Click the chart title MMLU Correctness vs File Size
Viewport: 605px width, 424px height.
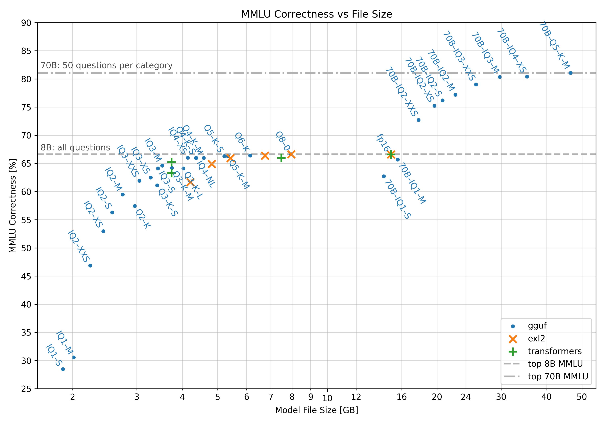pyautogui.click(x=316, y=14)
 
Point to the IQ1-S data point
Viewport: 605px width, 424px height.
pyautogui.click(x=63, y=369)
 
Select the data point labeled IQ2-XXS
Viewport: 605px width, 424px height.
pyautogui.click(x=90, y=266)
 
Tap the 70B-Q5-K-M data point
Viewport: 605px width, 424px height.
pyautogui.click(x=571, y=73)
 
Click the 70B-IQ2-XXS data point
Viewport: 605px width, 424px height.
pyautogui.click(x=418, y=120)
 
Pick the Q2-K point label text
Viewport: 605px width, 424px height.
pyautogui.click(x=143, y=219)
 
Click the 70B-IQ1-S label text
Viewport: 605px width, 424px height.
pyautogui.click(x=398, y=199)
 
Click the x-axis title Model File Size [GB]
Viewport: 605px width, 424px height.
pyautogui.click(x=316, y=410)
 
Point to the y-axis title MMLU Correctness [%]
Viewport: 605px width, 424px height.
pyautogui.click(x=13, y=206)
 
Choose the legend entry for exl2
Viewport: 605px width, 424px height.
pyautogui.click(x=536, y=339)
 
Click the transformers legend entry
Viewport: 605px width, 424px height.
pyautogui.click(x=554, y=351)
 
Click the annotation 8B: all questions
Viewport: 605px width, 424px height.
pyautogui.click(x=75, y=147)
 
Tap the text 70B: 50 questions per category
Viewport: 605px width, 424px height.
pyautogui.click(x=106, y=65)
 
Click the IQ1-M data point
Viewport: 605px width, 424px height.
pyautogui.click(x=74, y=358)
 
